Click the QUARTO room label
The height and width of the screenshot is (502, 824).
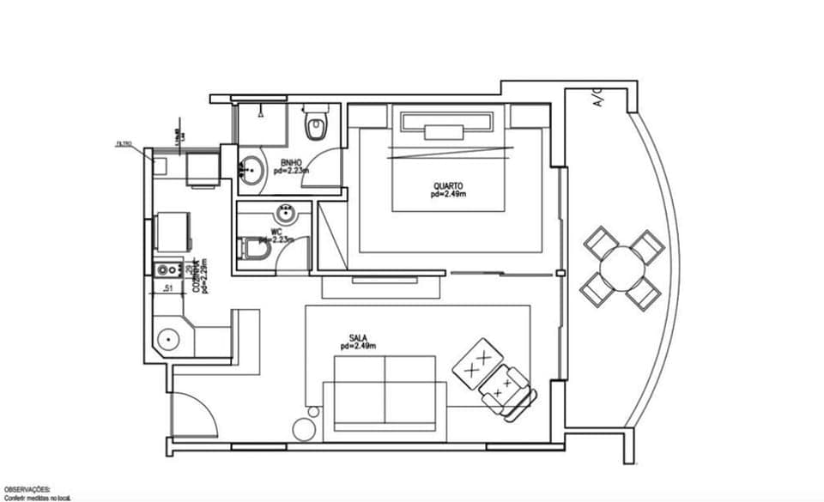[448, 184]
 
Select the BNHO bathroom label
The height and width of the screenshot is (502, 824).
[291, 162]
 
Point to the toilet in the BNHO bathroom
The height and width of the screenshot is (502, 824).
[316, 125]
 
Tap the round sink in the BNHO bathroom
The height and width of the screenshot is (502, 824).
[249, 170]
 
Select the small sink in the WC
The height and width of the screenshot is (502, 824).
[284, 212]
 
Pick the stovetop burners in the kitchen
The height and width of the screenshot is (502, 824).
[166, 270]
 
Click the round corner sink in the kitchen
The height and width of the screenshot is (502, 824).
[169, 338]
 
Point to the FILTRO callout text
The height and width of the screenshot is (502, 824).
[124, 144]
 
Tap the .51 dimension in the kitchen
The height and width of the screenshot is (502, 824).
[169, 289]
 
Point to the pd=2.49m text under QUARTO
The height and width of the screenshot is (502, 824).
[448, 195]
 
